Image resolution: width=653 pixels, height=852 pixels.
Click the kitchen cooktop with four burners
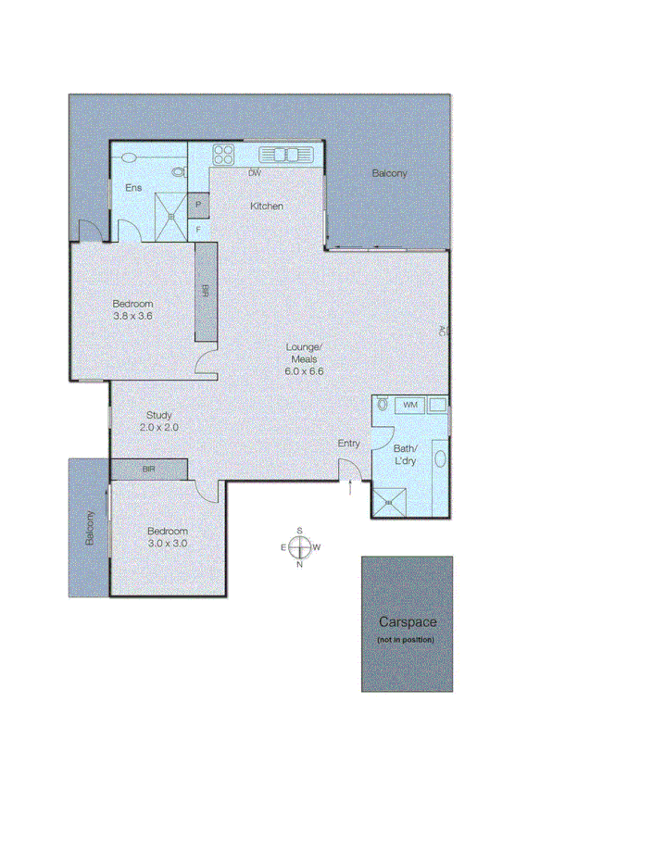[223, 155]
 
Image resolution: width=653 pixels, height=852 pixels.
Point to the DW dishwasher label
[255, 173]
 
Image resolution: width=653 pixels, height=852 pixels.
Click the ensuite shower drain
[171, 217]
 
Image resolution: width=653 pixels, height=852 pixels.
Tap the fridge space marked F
[198, 229]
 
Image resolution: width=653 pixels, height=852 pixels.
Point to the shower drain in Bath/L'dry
[389, 502]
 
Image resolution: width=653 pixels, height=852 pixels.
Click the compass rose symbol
[299, 546]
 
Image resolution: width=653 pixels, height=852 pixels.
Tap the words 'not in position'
[406, 641]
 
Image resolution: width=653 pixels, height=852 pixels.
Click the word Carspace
[407, 623]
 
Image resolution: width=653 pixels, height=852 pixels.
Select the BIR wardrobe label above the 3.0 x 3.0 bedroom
[149, 470]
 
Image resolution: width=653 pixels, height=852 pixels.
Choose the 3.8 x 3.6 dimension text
[132, 316]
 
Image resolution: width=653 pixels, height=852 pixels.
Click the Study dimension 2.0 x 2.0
[158, 428]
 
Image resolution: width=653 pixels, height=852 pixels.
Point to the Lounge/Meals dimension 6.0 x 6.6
[304, 370]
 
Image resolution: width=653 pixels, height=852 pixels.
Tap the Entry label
[348, 444]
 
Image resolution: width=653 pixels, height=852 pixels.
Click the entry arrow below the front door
[350, 489]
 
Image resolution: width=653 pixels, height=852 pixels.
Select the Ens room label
[134, 189]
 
